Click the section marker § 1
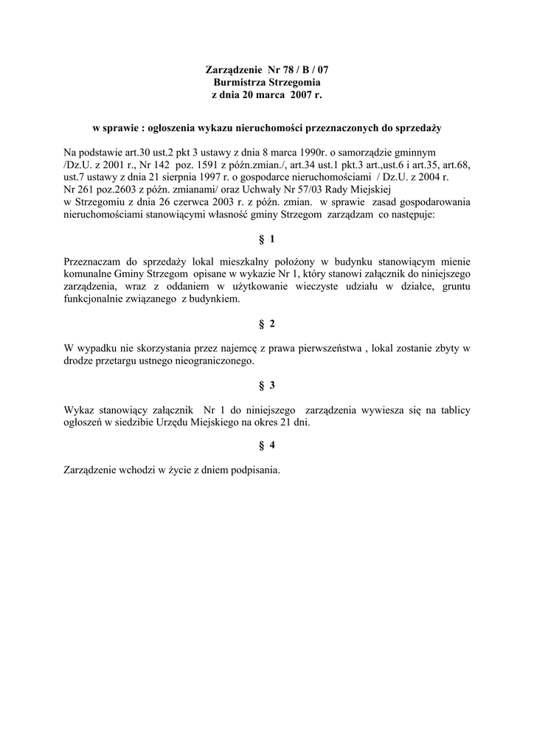(267, 239)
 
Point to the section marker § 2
(267, 324)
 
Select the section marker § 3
(267, 385)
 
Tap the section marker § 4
(267, 445)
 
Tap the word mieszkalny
(254, 262)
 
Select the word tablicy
(455, 409)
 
